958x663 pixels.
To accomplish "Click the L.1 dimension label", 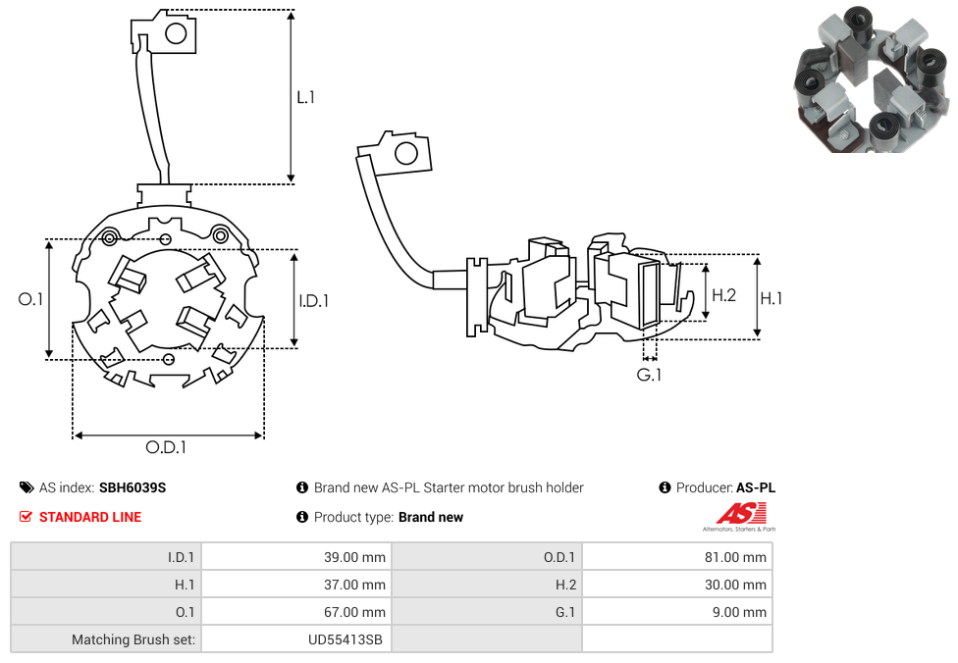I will click(306, 97).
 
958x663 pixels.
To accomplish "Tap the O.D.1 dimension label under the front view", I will click(166, 447).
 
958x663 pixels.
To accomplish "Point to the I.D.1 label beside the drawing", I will click(314, 301).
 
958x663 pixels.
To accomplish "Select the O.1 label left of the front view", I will click(31, 299).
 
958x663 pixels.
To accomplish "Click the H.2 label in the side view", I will click(723, 294).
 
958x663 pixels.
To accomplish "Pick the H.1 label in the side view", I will click(772, 298).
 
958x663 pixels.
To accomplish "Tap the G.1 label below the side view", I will click(649, 375).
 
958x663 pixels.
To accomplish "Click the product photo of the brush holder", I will click(871, 78).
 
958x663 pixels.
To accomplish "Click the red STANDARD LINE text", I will click(90, 517).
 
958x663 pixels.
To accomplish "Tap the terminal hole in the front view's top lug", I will click(176, 34).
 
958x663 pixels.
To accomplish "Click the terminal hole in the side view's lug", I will click(404, 154).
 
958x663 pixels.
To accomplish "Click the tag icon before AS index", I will click(27, 487).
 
